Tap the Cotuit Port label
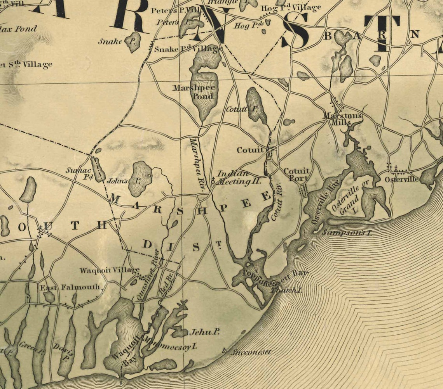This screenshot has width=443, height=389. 296,175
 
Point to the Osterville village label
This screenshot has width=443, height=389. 401,180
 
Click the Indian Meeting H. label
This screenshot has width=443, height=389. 238,178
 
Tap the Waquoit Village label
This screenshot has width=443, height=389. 110,270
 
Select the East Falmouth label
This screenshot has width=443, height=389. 70,288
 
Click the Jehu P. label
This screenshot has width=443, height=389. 204,332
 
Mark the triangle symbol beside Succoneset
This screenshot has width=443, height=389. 224,351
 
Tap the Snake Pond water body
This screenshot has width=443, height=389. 133,42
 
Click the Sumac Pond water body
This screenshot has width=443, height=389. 98,169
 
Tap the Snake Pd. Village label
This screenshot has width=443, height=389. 188,49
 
